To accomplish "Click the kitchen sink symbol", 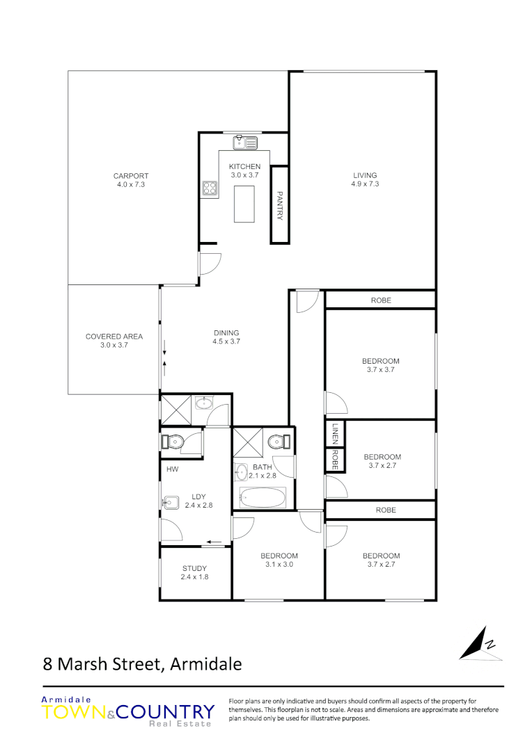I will coord(245,143).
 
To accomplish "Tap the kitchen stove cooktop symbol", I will coord(210,187).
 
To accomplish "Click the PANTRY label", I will coord(280,205).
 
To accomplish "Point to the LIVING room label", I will coord(365,175).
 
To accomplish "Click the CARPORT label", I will coord(132,176).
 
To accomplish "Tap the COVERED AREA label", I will coord(114,337).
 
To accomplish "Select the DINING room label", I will coord(226,332).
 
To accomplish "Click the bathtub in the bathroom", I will coord(263,497).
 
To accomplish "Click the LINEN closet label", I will coord(335,433).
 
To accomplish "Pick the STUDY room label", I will coord(195,569).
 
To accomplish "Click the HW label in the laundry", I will coord(173,469).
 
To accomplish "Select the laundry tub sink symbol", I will coord(172,501).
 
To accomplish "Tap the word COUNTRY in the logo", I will coord(165,712).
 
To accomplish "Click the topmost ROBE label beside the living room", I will coord(381,300).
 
